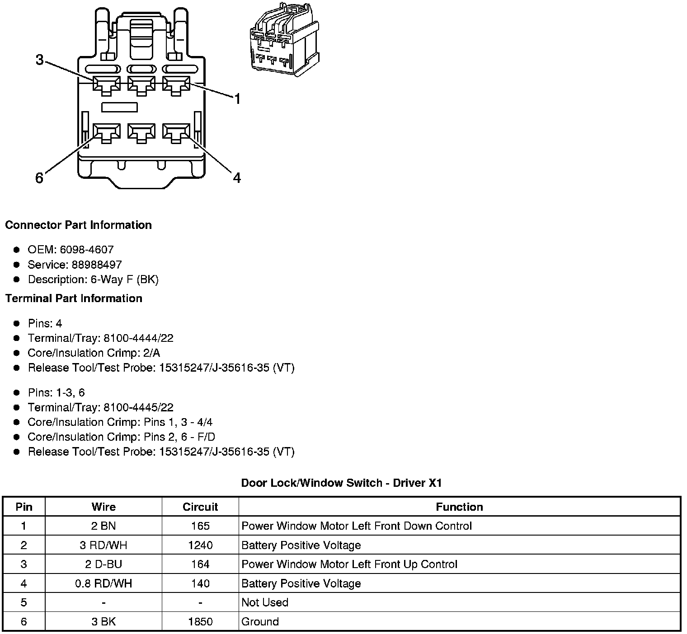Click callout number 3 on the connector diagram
pyautogui.click(x=40, y=60)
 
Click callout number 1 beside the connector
pyautogui.click(x=237, y=99)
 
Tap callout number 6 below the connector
pyautogui.click(x=39, y=178)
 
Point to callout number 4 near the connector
pyautogui.click(x=237, y=178)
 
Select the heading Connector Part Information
pyautogui.click(x=78, y=225)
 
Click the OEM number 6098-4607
pyautogui.click(x=86, y=250)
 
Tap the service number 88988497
pyautogui.click(x=97, y=265)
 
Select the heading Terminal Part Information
pyautogui.click(x=74, y=298)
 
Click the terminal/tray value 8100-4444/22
pyautogui.click(x=138, y=338)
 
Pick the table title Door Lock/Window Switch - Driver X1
pyautogui.click(x=341, y=483)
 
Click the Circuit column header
pyautogui.click(x=200, y=507)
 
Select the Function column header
pyautogui.click(x=459, y=507)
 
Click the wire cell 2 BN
pyautogui.click(x=104, y=526)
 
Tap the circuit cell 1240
pyautogui.click(x=200, y=545)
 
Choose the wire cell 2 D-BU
pyautogui.click(x=104, y=564)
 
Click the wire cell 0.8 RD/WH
pyautogui.click(x=104, y=583)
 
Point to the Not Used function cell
pyautogui.click(x=265, y=602)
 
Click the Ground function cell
pyautogui.click(x=260, y=622)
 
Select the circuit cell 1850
pyautogui.click(x=200, y=622)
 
